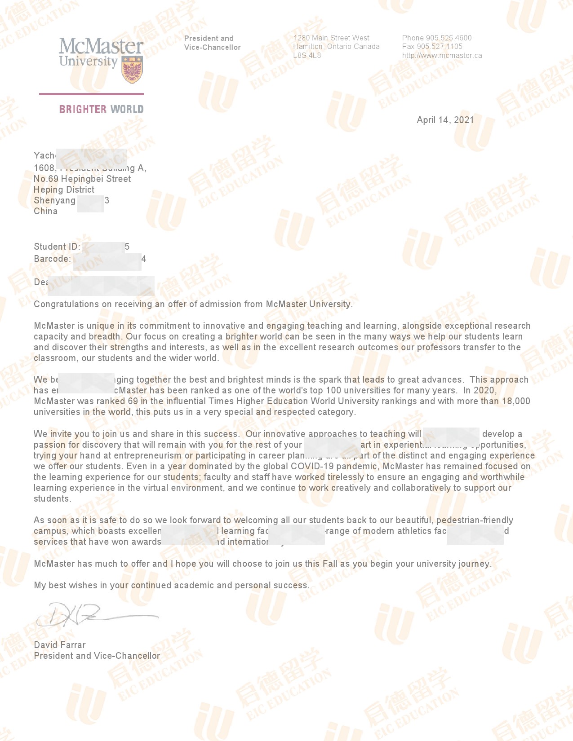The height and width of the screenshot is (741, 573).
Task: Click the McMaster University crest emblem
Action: [x=132, y=70]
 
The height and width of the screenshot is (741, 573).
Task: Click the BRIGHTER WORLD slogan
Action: [x=102, y=109]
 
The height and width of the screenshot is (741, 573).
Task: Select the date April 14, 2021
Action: [x=445, y=120]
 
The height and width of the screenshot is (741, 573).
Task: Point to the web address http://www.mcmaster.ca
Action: [x=442, y=56]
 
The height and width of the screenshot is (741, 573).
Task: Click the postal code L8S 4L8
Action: [x=307, y=56]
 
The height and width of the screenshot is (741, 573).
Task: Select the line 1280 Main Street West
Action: [x=331, y=38]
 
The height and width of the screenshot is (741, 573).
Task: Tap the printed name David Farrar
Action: [x=60, y=645]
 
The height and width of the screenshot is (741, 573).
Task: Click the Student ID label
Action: [x=57, y=247]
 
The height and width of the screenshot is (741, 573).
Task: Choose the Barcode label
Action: [x=52, y=259]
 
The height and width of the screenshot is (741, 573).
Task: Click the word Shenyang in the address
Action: [x=54, y=200]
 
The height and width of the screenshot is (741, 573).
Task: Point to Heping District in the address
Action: [x=64, y=190]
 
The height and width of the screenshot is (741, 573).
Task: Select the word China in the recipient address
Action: [x=45, y=211]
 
